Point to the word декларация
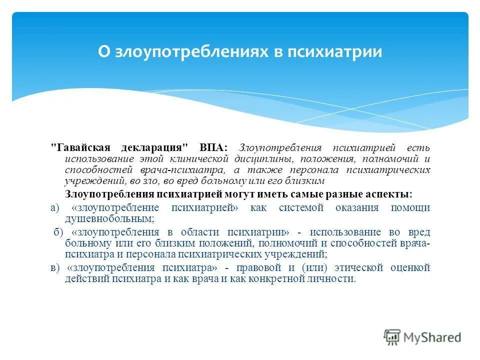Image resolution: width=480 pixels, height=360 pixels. [x=153, y=148]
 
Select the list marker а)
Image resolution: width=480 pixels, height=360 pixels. [x=55, y=208]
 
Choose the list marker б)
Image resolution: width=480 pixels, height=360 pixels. [x=58, y=232]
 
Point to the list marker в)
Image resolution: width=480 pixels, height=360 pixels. [x=55, y=267]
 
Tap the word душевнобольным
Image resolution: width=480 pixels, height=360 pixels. [x=109, y=219]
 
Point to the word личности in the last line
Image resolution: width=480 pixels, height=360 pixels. [x=330, y=279]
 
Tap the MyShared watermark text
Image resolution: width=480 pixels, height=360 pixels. [x=433, y=337]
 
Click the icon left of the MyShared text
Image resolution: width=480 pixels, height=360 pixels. [x=392, y=336]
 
